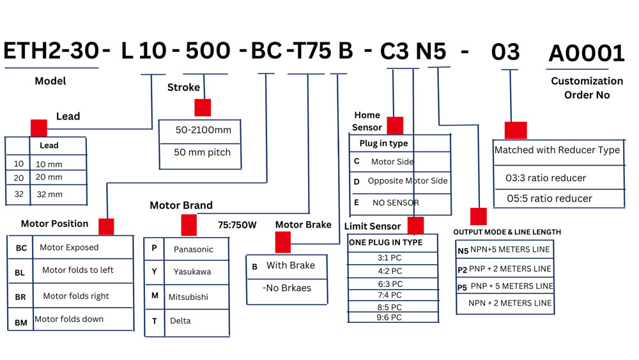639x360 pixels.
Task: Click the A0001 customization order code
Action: [586, 54]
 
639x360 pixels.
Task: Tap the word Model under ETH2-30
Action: [50, 81]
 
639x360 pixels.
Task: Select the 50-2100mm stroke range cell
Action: [203, 130]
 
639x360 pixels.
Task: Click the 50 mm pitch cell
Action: [203, 153]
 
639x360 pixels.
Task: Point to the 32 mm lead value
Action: [49, 194]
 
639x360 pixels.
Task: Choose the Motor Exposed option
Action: [69, 247]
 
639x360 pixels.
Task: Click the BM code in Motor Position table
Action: [21, 323]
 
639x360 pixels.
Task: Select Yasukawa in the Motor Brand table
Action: [192, 272]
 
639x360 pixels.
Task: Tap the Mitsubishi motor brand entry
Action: [188, 297]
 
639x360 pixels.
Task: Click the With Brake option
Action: [291, 265]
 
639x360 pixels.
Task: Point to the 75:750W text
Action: [238, 225]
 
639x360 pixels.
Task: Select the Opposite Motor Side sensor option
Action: [407, 181]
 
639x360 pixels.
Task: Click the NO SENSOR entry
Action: [396, 203]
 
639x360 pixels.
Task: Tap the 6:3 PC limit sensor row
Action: [390, 283]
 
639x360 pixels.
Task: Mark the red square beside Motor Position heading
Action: [106, 226]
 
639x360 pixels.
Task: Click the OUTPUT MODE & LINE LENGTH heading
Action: [507, 231]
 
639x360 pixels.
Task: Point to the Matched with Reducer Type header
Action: [557, 150]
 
